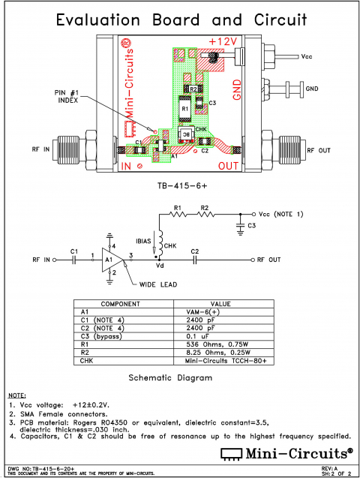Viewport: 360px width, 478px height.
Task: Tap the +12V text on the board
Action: (x=223, y=41)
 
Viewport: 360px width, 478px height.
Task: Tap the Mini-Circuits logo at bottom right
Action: (x=285, y=453)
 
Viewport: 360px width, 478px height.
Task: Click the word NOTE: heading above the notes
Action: (x=16, y=395)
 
